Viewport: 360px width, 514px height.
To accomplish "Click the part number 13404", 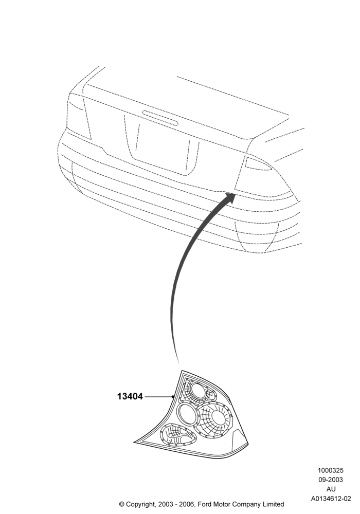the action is click(130, 396).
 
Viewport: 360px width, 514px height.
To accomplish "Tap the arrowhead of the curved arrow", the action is click(229, 197).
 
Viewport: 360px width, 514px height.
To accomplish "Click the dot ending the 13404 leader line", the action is click(173, 396).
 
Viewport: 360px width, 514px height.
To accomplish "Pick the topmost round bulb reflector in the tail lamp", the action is click(198, 391).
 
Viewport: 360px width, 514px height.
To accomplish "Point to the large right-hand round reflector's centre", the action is click(218, 416).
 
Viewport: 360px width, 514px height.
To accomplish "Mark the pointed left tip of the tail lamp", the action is click(134, 442).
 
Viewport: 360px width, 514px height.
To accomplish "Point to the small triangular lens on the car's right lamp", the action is click(257, 163).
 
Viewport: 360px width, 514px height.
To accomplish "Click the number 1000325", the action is click(331, 470).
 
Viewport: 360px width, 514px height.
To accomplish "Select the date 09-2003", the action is click(331, 480).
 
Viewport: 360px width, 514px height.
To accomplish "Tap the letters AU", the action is click(331, 489).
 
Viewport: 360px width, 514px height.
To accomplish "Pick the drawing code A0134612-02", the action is click(331, 499).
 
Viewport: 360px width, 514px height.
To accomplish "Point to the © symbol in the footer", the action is click(122, 504).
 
